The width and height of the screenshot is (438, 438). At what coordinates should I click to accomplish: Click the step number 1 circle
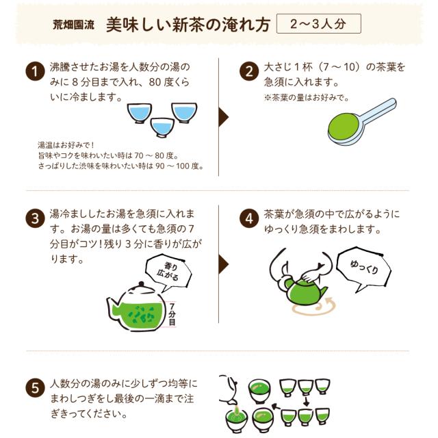pyautogui.click(x=35, y=71)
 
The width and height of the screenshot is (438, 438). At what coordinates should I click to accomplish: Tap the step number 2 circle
pyautogui.click(x=249, y=71)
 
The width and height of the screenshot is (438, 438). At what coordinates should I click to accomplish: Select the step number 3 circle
pyautogui.click(x=35, y=218)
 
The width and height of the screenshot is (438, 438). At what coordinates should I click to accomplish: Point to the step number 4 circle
pyautogui.click(x=249, y=218)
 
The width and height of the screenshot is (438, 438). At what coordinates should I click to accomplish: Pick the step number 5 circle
pyautogui.click(x=35, y=388)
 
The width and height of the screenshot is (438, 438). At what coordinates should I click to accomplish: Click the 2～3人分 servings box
pyautogui.click(x=319, y=24)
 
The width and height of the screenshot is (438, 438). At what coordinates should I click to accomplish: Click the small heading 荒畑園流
pyautogui.click(x=73, y=25)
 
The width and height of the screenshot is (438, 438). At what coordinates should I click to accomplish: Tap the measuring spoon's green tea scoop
pyautogui.click(x=344, y=128)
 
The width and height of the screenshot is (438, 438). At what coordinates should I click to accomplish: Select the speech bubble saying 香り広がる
pyautogui.click(x=168, y=272)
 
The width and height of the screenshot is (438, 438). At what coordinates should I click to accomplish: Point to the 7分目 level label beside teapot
pyautogui.click(x=172, y=315)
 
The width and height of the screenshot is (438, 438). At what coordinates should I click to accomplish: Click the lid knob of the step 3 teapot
pyautogui.click(x=142, y=285)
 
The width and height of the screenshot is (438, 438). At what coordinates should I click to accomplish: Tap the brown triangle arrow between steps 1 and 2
pyautogui.click(x=224, y=117)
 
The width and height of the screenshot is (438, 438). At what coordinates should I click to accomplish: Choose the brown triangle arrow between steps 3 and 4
pyautogui.click(x=224, y=264)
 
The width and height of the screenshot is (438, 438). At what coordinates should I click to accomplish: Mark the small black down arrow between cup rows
pyautogui.click(x=307, y=402)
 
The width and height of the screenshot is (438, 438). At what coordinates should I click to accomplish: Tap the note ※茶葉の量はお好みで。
pyautogui.click(x=307, y=98)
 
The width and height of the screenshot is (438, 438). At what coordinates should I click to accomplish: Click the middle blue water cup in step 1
pyautogui.click(x=162, y=127)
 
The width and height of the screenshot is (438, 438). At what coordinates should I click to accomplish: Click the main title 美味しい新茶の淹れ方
pyautogui.click(x=188, y=25)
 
